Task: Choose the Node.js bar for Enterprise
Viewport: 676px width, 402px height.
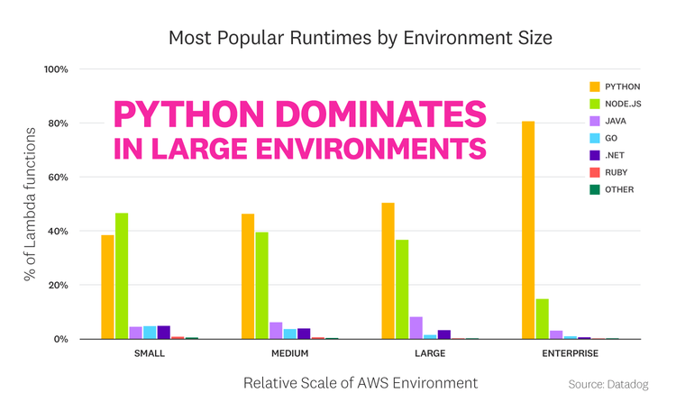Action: tap(542, 319)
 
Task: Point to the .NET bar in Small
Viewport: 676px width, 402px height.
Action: tap(163, 333)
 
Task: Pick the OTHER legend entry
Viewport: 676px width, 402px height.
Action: tap(613, 189)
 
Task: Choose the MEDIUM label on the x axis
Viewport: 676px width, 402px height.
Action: tap(289, 353)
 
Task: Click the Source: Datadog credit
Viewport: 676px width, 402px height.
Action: tap(608, 385)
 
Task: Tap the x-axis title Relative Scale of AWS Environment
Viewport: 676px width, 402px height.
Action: tap(360, 383)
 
